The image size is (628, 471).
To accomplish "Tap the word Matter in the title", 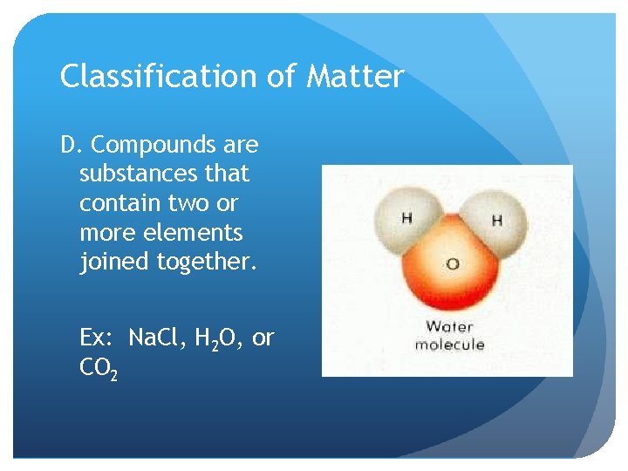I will tap(355, 77).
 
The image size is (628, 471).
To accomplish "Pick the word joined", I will tap(114, 263).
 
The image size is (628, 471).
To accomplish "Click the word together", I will tap(207, 263).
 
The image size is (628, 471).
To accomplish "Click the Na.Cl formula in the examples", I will tap(158, 338).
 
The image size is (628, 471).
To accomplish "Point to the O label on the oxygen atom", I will tap(452, 263).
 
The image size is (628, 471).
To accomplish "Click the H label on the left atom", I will tap(407, 218).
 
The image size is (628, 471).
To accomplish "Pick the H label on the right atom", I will tap(497, 221).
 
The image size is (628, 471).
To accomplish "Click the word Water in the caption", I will tap(449, 327).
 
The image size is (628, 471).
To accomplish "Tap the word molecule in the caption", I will tap(449, 345).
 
